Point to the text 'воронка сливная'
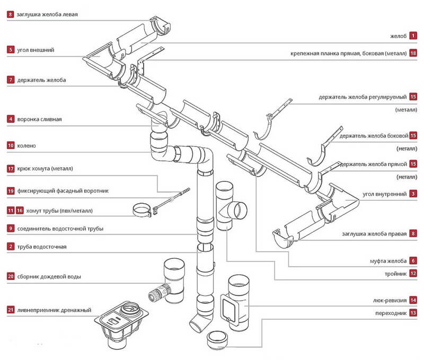pos(40,119)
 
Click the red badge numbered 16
pos(20,210)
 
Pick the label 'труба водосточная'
pos(42,247)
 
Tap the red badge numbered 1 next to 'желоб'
pos(413,35)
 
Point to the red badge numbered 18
pos(413,53)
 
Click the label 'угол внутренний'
pos(384,194)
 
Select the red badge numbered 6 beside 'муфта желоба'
pos(413,260)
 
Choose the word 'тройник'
pos(395,274)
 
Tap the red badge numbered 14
pos(413,300)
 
